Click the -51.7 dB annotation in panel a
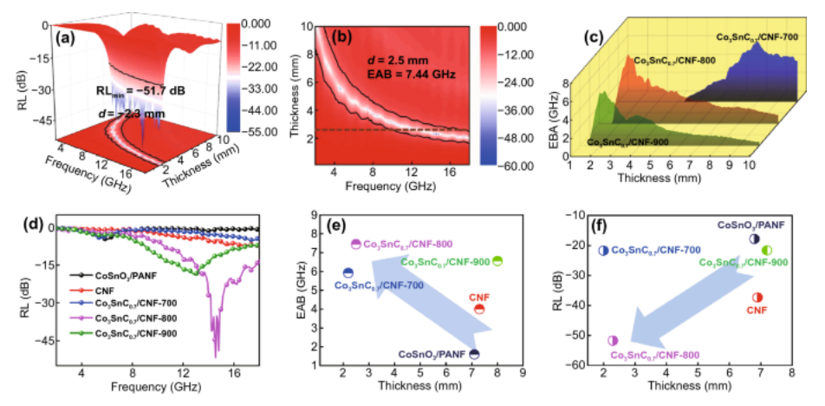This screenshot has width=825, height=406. pyautogui.click(x=145, y=88)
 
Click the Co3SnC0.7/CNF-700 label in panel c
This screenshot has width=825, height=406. pyautogui.click(x=751, y=36)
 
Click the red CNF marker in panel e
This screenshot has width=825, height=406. pyautogui.click(x=479, y=309)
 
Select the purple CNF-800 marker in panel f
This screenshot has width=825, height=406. pyautogui.click(x=614, y=341)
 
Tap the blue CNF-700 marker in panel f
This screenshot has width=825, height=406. pyautogui.click(x=604, y=250)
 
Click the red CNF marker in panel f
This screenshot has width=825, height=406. pyautogui.click(x=757, y=298)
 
